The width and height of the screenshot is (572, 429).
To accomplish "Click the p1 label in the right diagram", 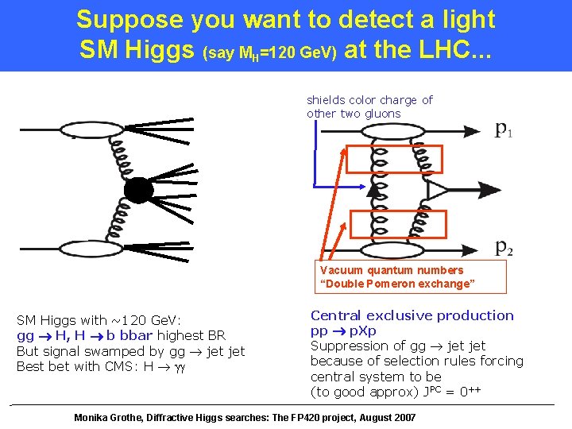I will coord(504,129).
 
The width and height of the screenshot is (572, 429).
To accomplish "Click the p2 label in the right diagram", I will coord(504,247).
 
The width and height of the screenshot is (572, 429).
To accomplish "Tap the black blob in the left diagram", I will coord(137,191).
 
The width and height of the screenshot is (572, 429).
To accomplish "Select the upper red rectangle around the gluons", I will coord(394,159).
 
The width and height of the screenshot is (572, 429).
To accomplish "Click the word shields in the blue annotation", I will coord(326,100).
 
